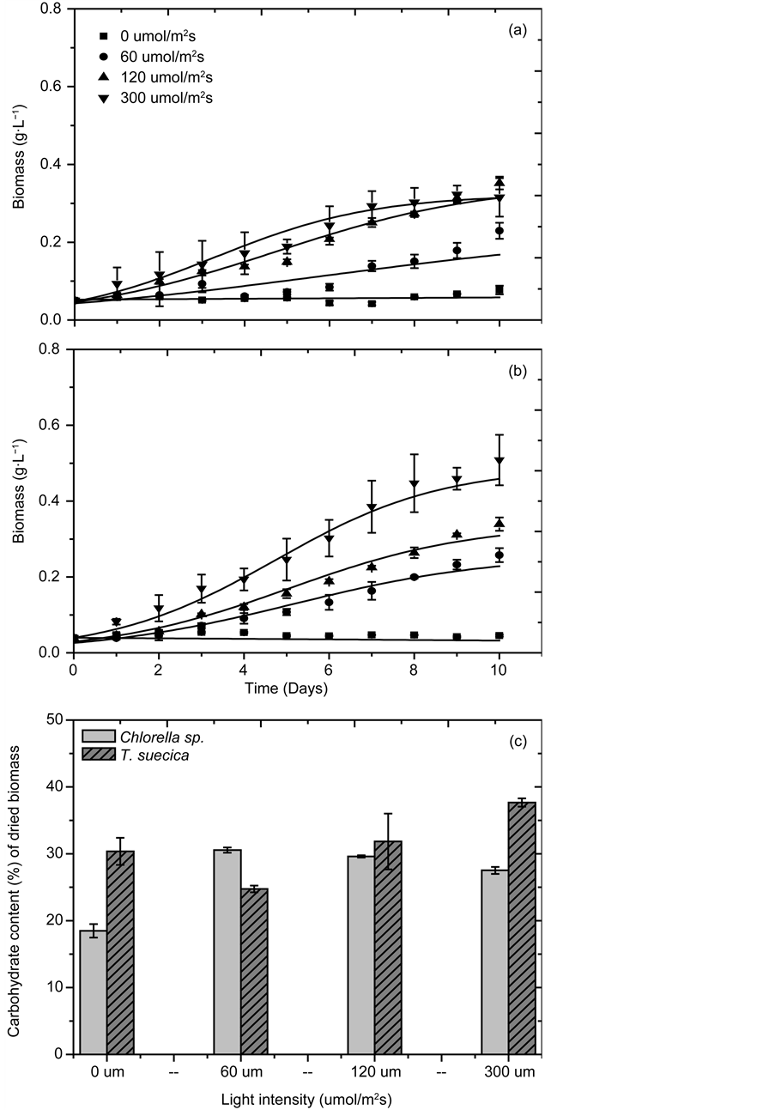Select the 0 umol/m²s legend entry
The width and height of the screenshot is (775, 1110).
tap(150, 36)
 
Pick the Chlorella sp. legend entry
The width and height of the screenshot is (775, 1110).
tap(142, 737)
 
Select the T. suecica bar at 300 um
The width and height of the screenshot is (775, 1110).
tap(522, 927)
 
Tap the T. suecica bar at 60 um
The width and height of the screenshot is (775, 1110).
tap(254, 971)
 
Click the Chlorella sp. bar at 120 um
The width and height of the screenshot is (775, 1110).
tap(361, 955)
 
